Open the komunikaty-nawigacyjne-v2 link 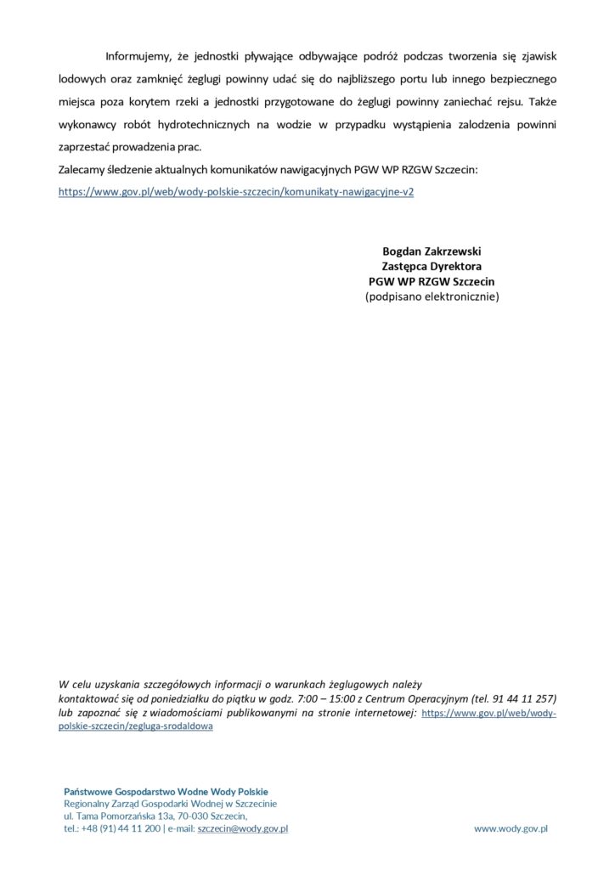(236, 192)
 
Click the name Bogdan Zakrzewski (432, 251)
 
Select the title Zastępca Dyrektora (432, 267)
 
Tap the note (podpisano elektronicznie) (432, 297)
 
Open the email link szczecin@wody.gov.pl (243, 828)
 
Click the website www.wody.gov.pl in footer (511, 828)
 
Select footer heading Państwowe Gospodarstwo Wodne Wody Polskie (166, 791)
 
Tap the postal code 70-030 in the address (192, 816)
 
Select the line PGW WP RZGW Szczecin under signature (432, 282)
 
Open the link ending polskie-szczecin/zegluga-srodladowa (136, 728)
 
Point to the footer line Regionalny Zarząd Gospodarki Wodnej (170, 804)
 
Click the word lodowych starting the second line (80, 79)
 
